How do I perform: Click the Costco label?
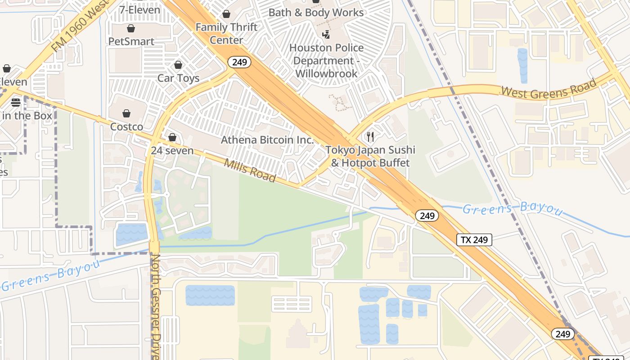[126, 127]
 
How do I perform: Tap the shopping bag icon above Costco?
[126, 113]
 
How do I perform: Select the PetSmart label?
[131, 41]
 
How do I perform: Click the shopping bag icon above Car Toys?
[178, 65]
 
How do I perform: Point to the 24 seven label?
[172, 151]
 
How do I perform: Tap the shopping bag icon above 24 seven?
[172, 137]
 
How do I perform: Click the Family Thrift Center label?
[226, 33]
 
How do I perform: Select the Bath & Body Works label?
[316, 13]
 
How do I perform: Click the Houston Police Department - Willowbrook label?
[326, 60]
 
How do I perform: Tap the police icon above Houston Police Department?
[326, 34]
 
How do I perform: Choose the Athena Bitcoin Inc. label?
[267, 140]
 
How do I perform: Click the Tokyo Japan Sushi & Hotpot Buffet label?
[370, 156]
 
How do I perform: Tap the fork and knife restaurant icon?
[370, 137]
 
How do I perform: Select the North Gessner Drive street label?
[156, 306]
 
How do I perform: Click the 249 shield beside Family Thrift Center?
[239, 62]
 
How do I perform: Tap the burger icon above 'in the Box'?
[16, 103]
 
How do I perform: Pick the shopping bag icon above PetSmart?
[131, 29]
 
